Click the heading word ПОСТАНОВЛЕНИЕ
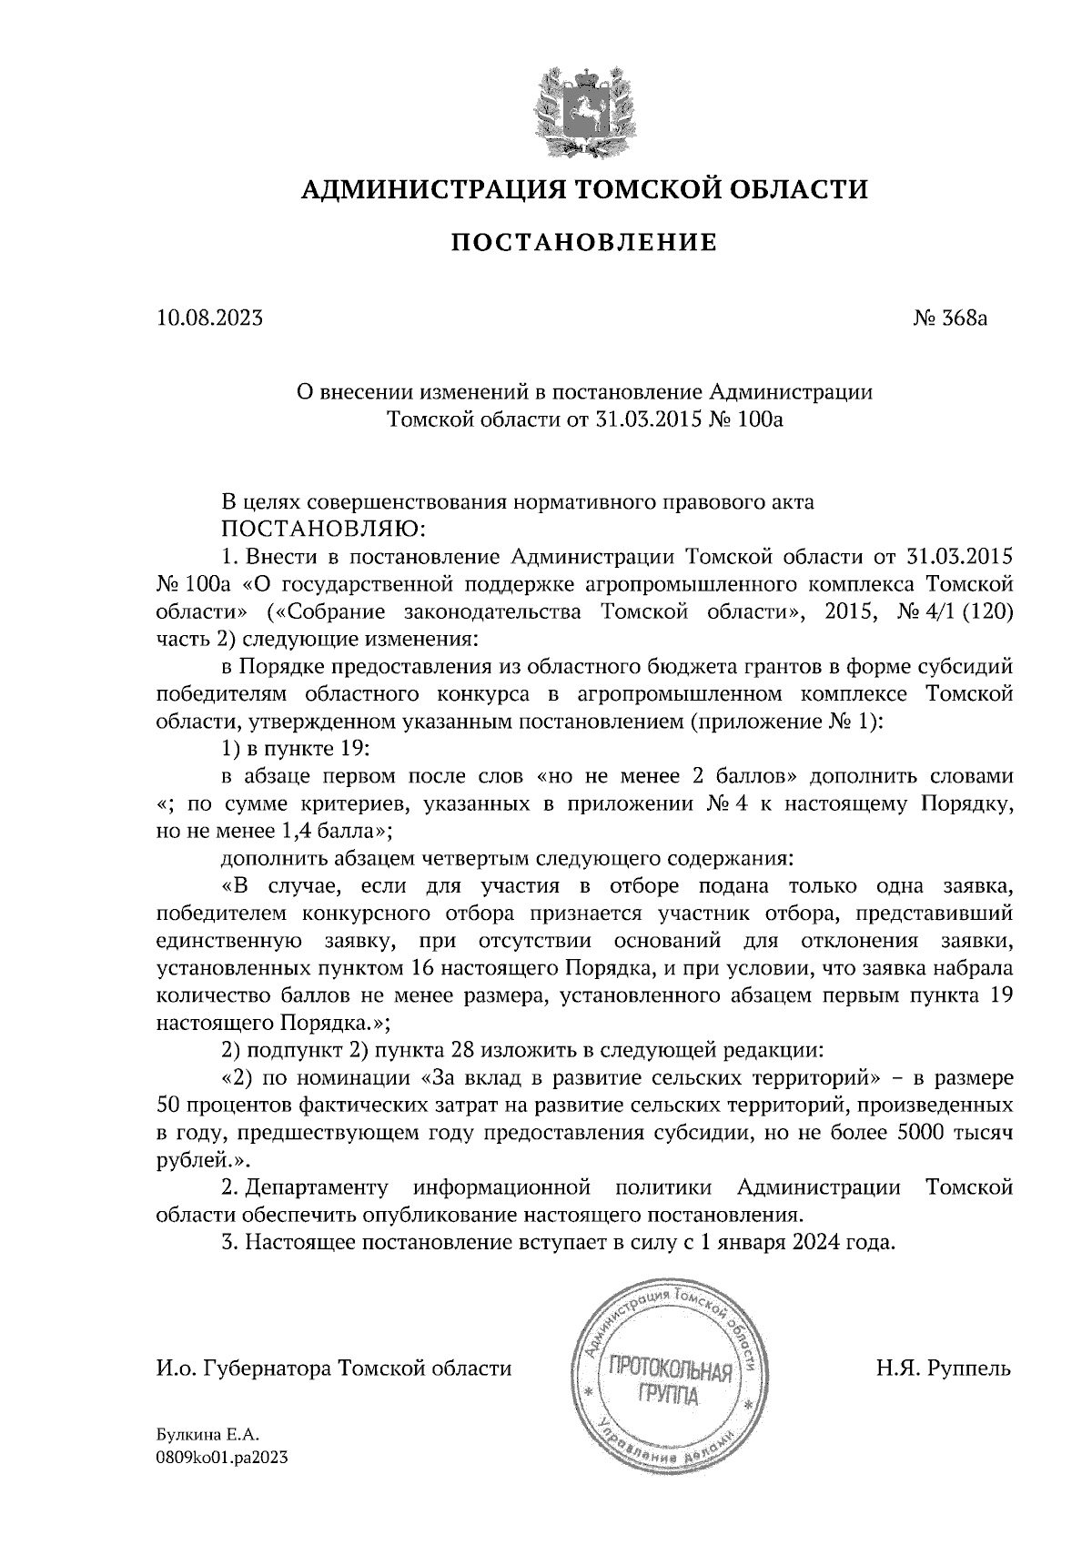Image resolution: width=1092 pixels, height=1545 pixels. pyautogui.click(x=584, y=242)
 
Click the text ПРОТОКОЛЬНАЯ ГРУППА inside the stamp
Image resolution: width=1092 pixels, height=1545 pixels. pyautogui.click(x=671, y=1381)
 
